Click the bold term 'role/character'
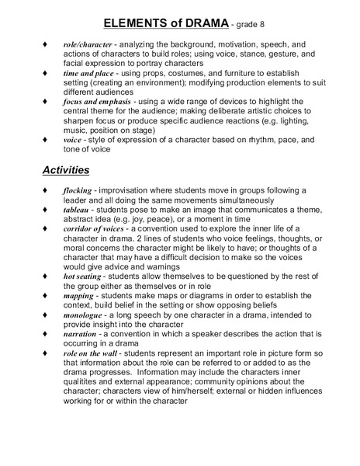click(88, 46)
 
